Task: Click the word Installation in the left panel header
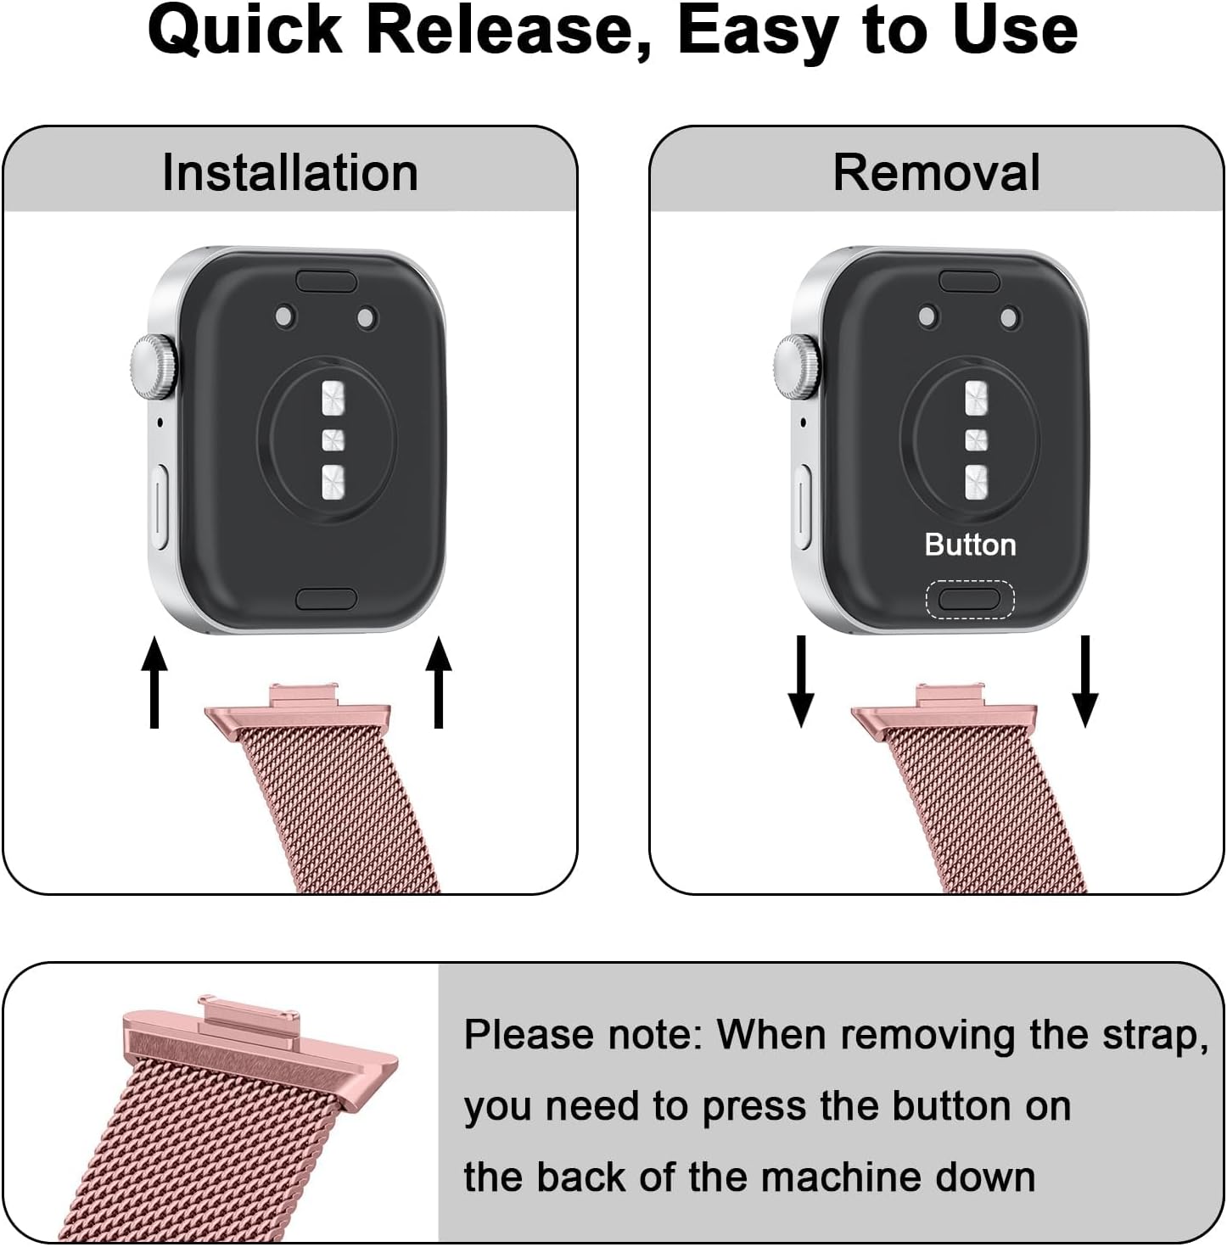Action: click(290, 173)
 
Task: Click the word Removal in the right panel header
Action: click(936, 173)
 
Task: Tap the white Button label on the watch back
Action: click(970, 545)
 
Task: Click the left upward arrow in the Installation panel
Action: click(154, 683)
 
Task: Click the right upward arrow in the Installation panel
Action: click(439, 683)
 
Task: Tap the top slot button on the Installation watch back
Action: click(327, 281)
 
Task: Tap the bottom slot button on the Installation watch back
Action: click(327, 599)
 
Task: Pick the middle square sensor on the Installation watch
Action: click(333, 440)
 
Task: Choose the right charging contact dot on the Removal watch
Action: click(1009, 318)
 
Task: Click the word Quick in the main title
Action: click(244, 31)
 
